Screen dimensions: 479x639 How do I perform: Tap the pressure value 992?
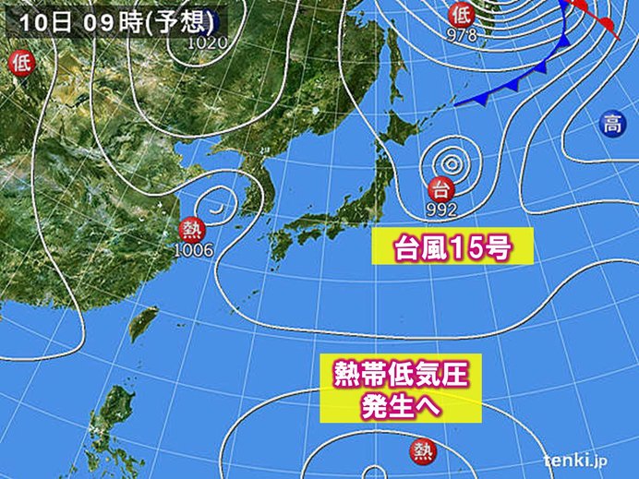441,210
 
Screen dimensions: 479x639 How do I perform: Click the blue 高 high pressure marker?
610,121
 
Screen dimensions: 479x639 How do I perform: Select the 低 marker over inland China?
20,63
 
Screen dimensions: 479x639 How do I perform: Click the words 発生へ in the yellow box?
395,404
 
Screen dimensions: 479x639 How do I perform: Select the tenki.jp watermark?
574,459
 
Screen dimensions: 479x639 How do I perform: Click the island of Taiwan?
144,322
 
